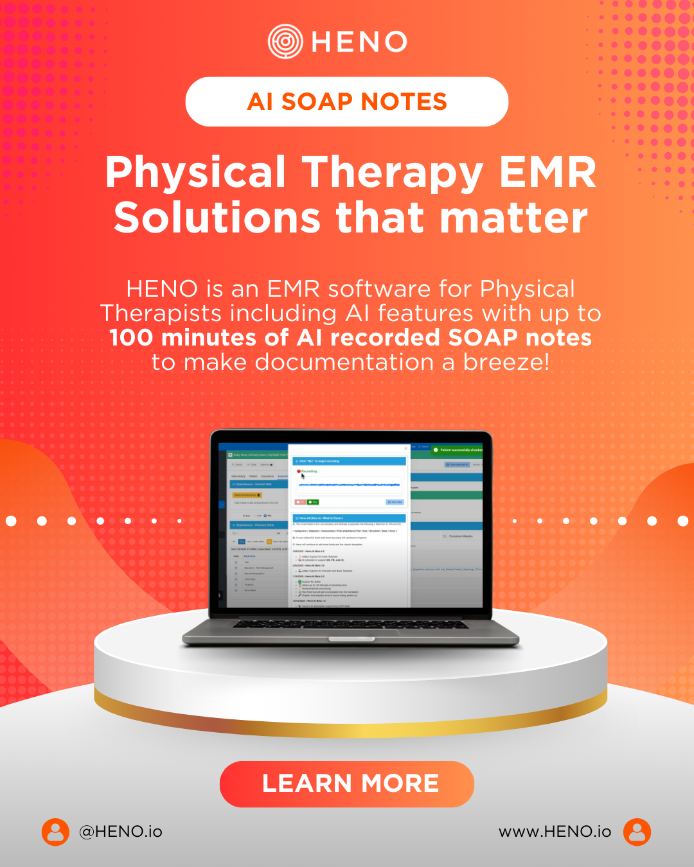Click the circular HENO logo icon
pyautogui.click(x=285, y=42)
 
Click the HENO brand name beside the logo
pyautogui.click(x=359, y=42)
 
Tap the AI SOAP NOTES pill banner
pyautogui.click(x=347, y=101)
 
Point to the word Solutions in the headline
pyautogui.click(x=217, y=217)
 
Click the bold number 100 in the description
pyautogui.click(x=130, y=338)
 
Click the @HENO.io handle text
pyautogui.click(x=120, y=832)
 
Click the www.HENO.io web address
pyautogui.click(x=555, y=832)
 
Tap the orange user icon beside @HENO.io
pyautogui.click(x=55, y=832)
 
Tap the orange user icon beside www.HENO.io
pyautogui.click(x=637, y=832)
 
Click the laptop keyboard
pyautogui.click(x=350, y=624)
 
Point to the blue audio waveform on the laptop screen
pyautogui.click(x=349, y=484)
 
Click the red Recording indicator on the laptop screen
pyautogui.click(x=299, y=471)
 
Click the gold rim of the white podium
pyautogui.click(x=350, y=724)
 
